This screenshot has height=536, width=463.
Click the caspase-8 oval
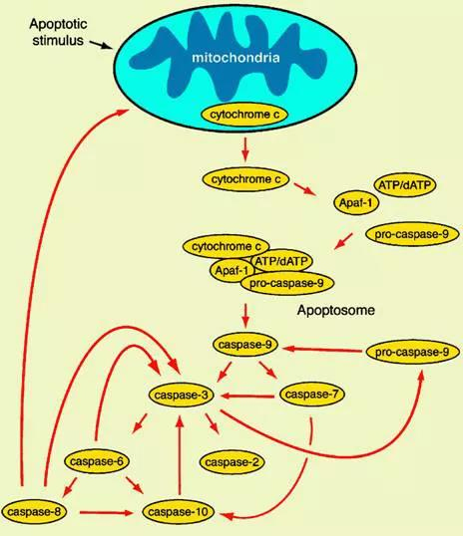pos(34,512)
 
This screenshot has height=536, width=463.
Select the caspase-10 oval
pos(178,512)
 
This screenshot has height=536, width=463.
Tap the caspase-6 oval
pos(97,461)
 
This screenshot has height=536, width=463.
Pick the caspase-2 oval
pos(231,462)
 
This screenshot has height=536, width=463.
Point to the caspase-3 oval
pos(181,396)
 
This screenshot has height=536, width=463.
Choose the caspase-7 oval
pos(312,395)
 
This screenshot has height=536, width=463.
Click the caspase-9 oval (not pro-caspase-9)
pos(245,345)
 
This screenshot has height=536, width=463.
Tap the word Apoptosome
pos(336,310)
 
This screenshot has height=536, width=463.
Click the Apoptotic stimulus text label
pos(58,32)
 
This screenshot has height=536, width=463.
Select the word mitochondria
pos(235,58)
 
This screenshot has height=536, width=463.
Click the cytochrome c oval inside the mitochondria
pos(244,115)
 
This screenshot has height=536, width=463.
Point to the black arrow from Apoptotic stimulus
pos(101,45)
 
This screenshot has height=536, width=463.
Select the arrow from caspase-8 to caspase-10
pos(106,512)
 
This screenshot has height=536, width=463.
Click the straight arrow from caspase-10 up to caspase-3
pos(180,455)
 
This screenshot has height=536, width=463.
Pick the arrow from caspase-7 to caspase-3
pos(247,397)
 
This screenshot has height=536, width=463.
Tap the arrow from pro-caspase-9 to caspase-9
pos(322,350)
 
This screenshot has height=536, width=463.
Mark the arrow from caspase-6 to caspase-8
pos(70,487)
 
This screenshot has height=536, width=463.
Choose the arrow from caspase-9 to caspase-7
pos(268,370)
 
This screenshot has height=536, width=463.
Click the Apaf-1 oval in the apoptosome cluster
pos(231,271)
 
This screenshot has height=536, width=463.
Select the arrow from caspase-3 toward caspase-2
pos(212,423)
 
